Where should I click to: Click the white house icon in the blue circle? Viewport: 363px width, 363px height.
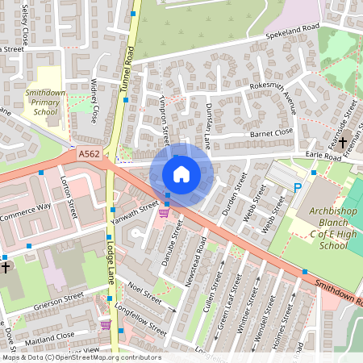coord(181,173)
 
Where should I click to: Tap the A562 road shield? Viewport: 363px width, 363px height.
coord(90,153)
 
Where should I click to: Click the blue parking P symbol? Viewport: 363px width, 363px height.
coord(297,187)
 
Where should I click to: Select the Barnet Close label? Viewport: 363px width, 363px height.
coord(271,131)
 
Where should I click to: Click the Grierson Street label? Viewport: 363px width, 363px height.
coord(59,297)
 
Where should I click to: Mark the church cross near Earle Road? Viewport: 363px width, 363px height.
coord(342,143)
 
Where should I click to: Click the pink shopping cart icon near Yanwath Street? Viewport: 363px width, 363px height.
coord(164,213)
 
